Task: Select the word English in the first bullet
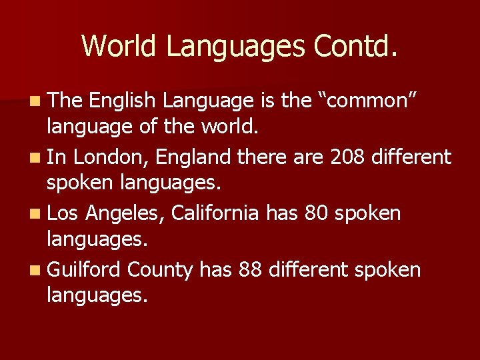pos(123,101)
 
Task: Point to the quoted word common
pos(371,101)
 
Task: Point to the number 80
pos(316,213)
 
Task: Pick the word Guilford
pos(84,269)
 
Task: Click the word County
pos(160,269)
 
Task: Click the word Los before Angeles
pos(63,213)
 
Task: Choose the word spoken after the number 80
pos(368,215)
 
